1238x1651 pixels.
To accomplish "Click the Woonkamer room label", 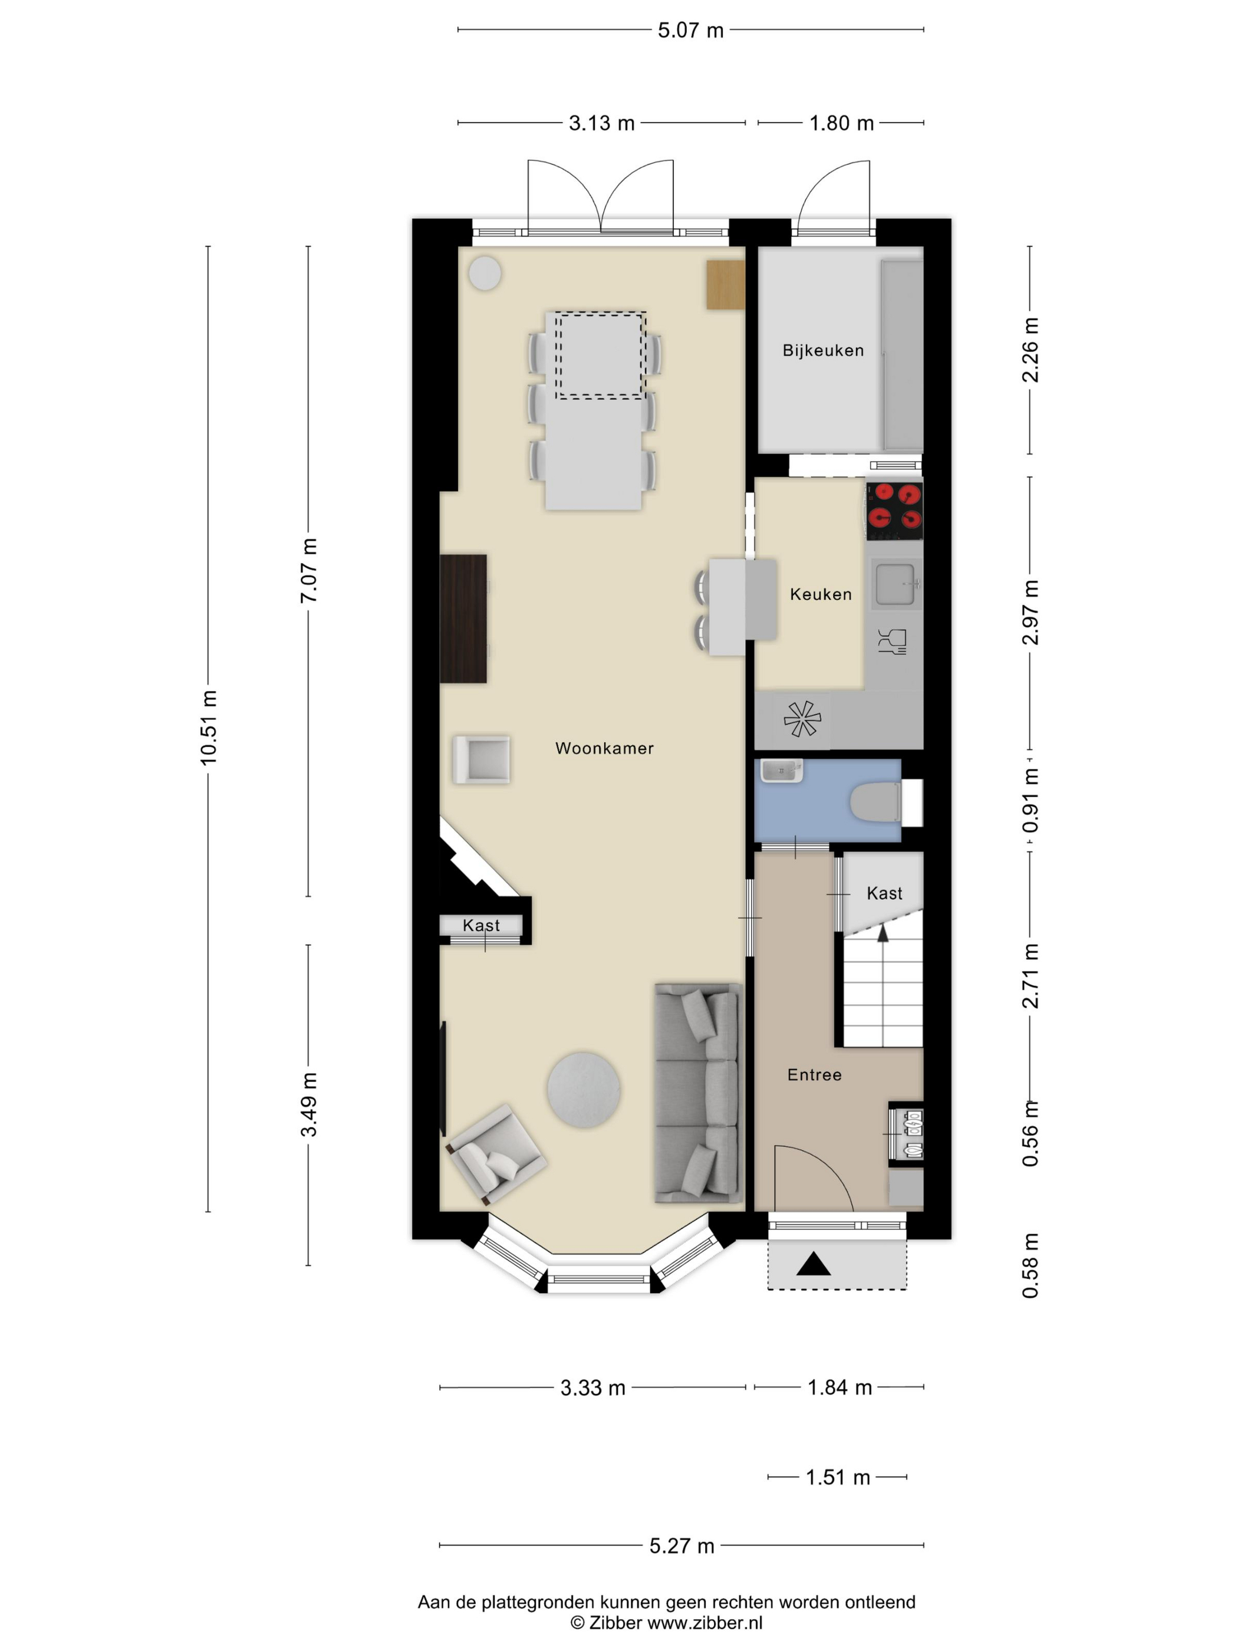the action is coord(604,748).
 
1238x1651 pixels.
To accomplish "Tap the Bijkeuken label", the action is coord(823,350).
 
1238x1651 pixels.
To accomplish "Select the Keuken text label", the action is coord(820,594).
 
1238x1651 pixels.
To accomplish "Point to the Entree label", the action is coord(814,1075).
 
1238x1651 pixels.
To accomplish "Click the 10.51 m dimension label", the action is coord(208,727).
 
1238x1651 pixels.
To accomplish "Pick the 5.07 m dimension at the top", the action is coord(690,30).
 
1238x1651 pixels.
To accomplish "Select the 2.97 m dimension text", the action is coord(1030,612).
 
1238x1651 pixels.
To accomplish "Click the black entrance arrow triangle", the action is coord(814,1264).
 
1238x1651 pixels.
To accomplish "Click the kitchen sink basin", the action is coord(896,584).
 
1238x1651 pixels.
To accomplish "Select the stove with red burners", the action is coord(894,511).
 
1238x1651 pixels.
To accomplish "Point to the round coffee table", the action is coord(584,1090).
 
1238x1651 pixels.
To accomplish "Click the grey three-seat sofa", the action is coord(699,1093).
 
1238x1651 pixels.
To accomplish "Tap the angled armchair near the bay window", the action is coord(496,1153).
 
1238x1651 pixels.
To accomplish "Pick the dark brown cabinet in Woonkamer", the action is coord(463,618).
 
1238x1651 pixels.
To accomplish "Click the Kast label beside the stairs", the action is coord(884,893).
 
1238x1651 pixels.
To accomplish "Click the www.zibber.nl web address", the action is coord(704,1622).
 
